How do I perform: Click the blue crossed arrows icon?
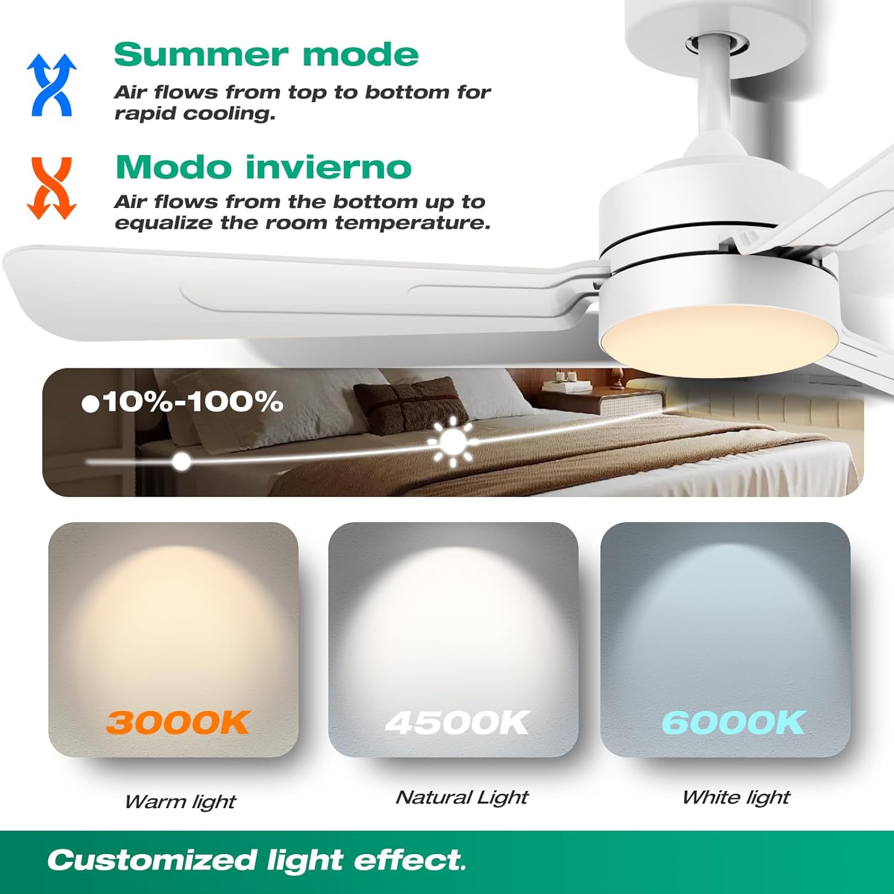(x=52, y=85)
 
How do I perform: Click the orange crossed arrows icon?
(x=52, y=188)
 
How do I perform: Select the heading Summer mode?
(x=266, y=55)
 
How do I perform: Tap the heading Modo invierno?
(x=263, y=167)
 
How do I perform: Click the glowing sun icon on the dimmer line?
(x=453, y=442)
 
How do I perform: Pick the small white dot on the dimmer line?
(x=182, y=461)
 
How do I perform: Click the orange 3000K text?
(x=177, y=722)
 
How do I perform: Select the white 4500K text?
(x=457, y=722)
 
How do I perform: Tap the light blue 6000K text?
(x=733, y=722)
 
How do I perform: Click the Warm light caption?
(x=180, y=802)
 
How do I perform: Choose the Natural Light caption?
(x=462, y=797)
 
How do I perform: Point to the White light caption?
(x=736, y=797)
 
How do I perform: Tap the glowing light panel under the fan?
(x=718, y=340)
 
